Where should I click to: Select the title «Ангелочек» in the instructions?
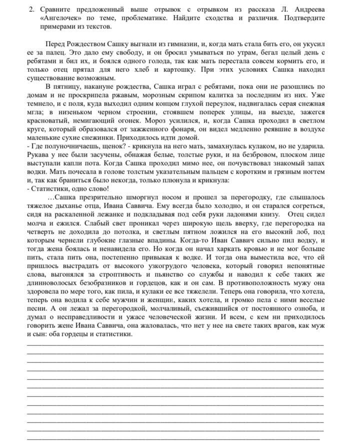click(x=61, y=18)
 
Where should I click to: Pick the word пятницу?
click(x=73, y=86)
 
